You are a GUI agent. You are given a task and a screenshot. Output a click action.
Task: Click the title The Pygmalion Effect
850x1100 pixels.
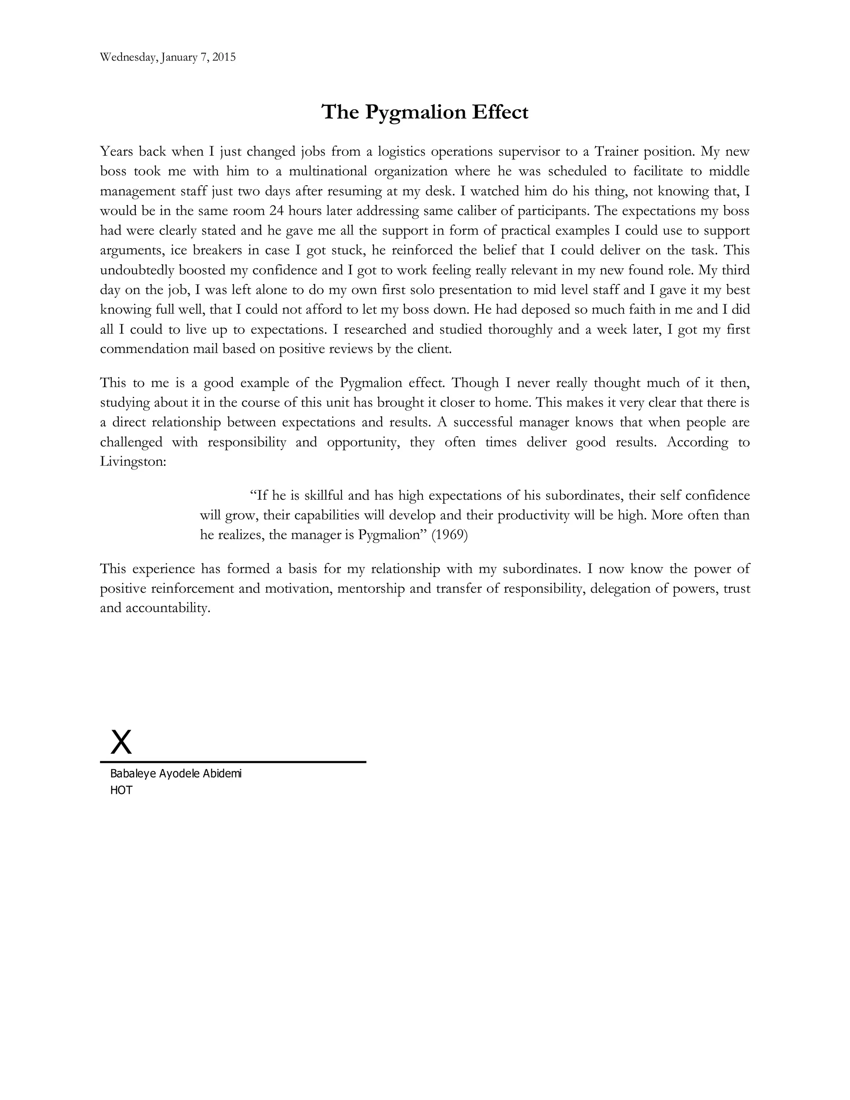425,112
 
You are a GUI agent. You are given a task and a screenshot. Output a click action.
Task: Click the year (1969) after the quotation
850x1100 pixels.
449,535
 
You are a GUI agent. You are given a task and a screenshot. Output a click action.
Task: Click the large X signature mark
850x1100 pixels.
121,742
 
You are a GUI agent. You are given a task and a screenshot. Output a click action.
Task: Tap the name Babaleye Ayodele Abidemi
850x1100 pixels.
176,774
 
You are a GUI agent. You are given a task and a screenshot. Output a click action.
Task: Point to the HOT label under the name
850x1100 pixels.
121,790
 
